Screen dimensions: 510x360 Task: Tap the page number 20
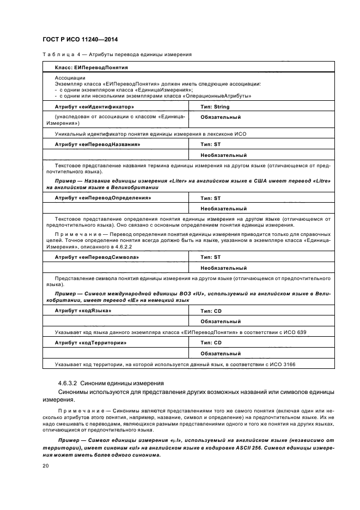pos(45,466)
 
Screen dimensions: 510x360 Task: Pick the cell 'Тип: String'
pos(217,107)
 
